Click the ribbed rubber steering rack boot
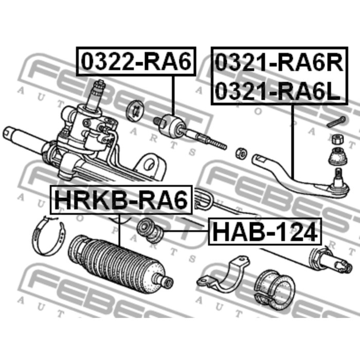pyautogui.click(x=118, y=263)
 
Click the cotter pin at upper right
pyautogui.click(x=336, y=121)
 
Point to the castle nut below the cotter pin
pyautogui.click(x=338, y=138)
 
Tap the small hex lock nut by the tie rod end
pyautogui.click(x=240, y=153)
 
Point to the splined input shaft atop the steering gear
pyautogui.click(x=96, y=95)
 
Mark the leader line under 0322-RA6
pyautogui.click(x=173, y=95)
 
